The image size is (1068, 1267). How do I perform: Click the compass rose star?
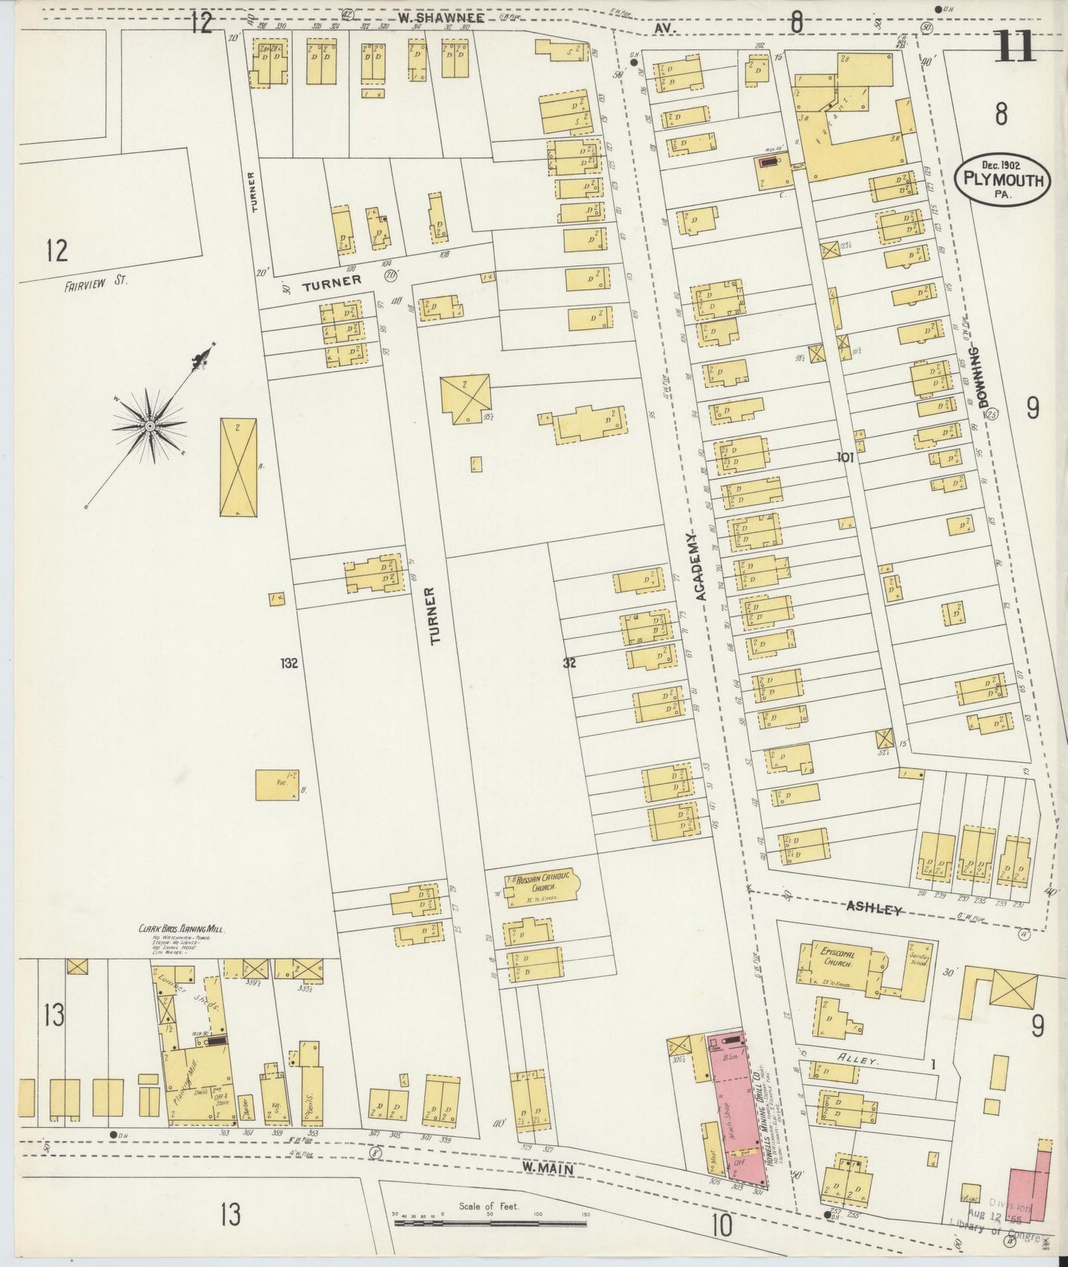[x=149, y=426]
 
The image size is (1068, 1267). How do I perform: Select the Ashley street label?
[x=874, y=908]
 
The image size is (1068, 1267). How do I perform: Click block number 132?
[x=289, y=663]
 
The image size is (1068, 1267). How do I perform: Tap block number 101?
[x=846, y=458]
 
